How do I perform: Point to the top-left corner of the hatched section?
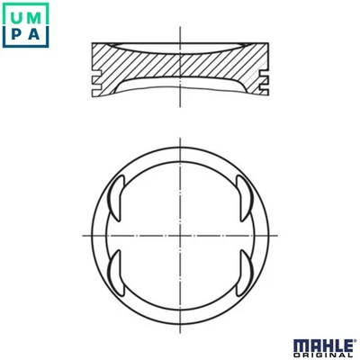pyautogui.click(x=93, y=43)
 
